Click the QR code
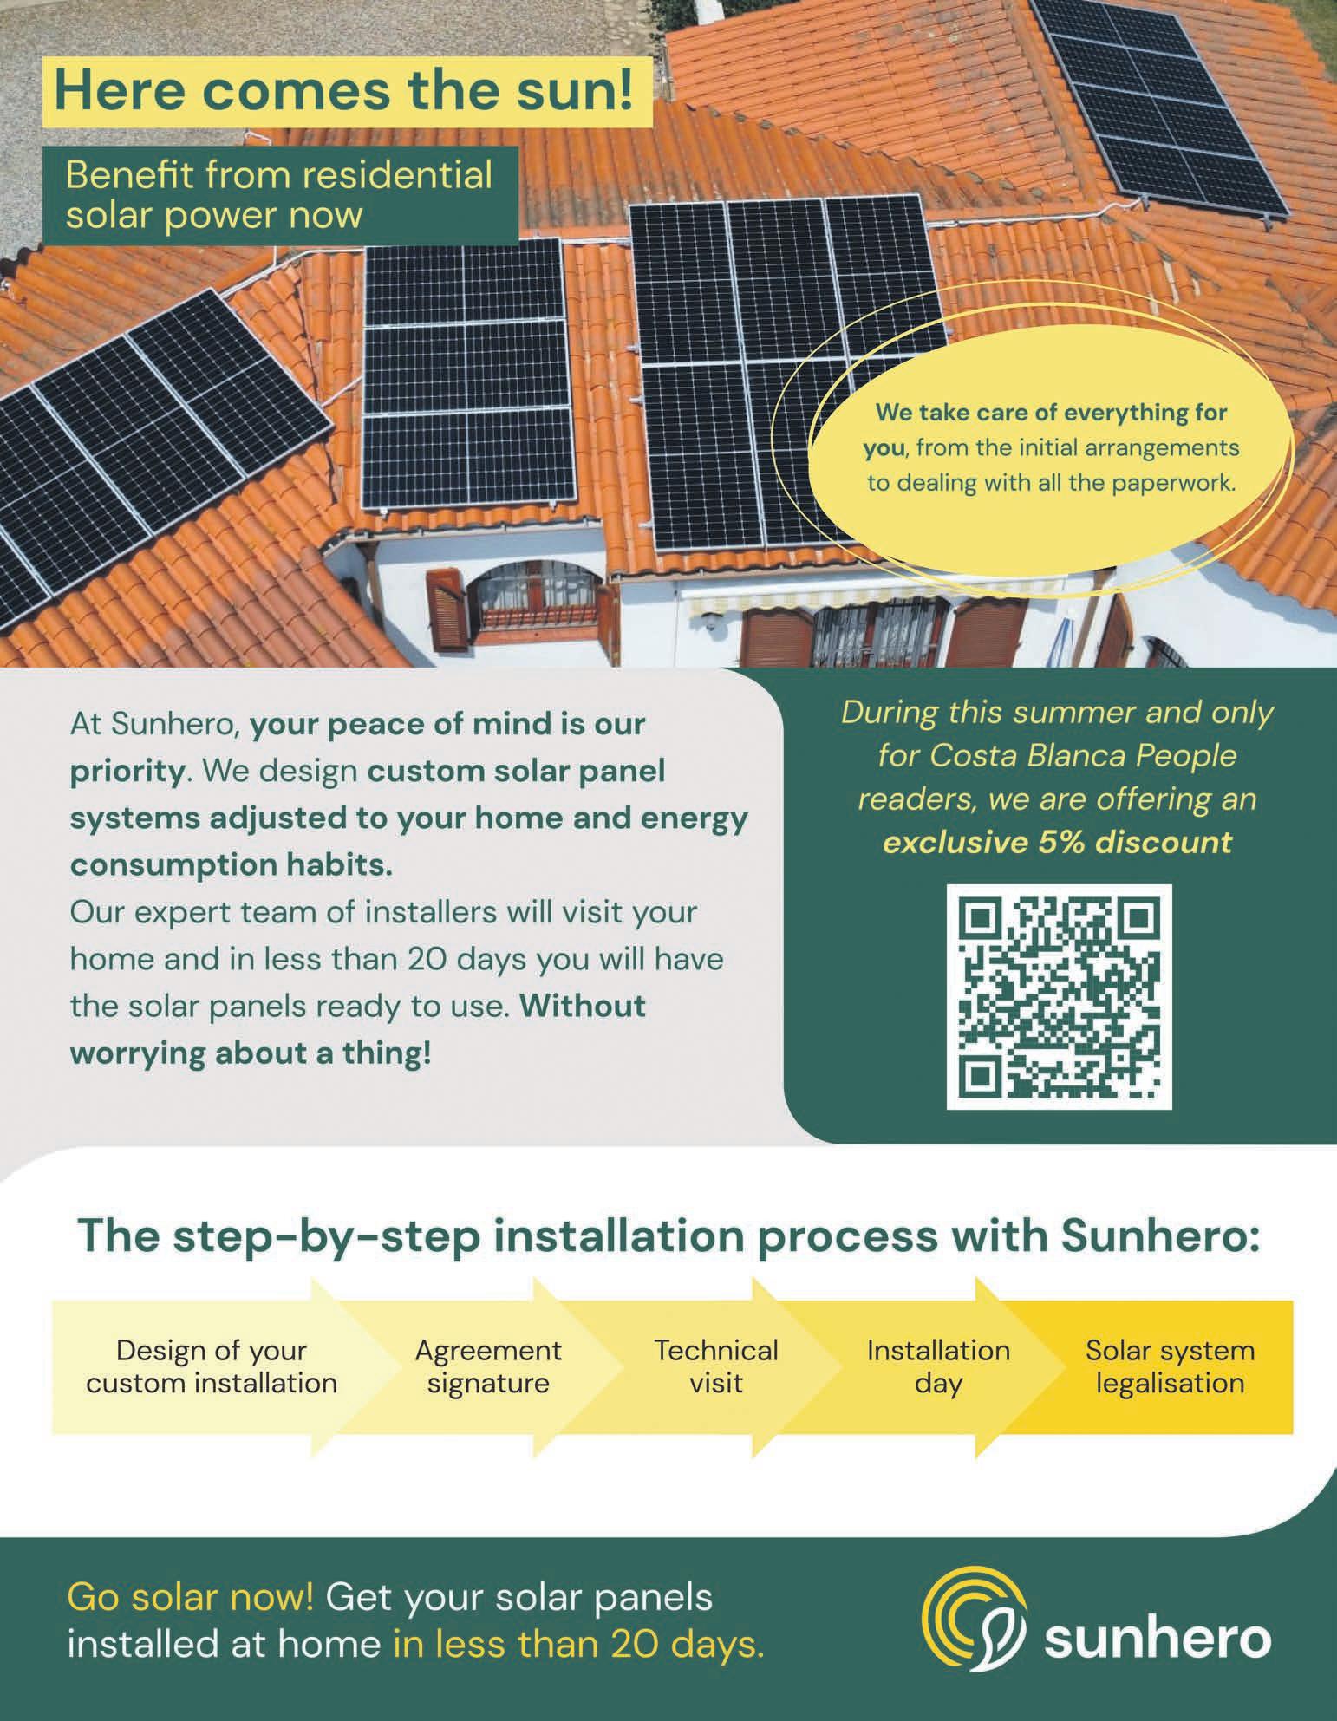click(1059, 996)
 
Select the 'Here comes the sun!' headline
click(343, 92)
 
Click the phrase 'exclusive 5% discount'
click(1057, 842)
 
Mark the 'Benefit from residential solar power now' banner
click(279, 194)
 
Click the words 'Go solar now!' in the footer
click(191, 1597)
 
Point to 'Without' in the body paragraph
click(584, 1007)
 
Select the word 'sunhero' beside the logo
click(1158, 1639)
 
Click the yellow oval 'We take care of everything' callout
click(1052, 448)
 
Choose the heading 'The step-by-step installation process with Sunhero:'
click(668, 1236)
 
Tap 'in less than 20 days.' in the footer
click(579, 1644)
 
